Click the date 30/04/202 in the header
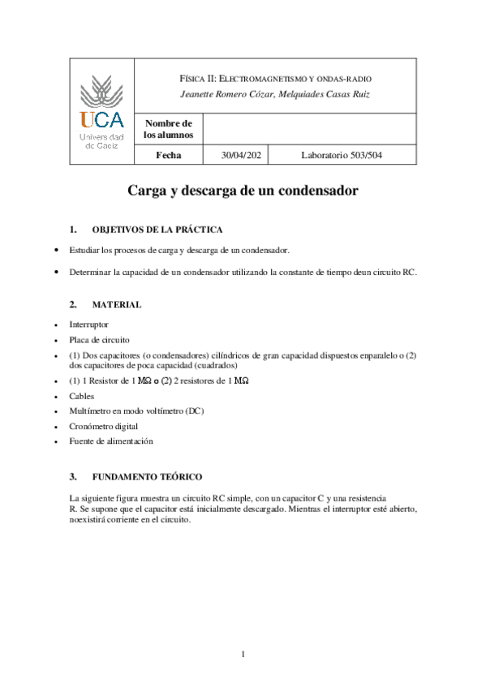point(244,155)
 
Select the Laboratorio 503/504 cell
point(342,155)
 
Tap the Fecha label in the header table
point(169,155)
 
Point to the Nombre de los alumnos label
point(168,128)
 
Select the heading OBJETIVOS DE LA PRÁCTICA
point(157,230)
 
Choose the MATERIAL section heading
point(117,304)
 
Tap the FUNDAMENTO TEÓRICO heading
point(147,475)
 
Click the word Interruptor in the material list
point(89,325)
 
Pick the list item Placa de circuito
point(99,339)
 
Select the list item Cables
point(82,397)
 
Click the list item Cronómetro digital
point(104,426)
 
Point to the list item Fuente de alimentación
point(111,441)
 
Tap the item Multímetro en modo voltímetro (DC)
point(136,411)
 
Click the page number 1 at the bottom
point(243,654)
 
